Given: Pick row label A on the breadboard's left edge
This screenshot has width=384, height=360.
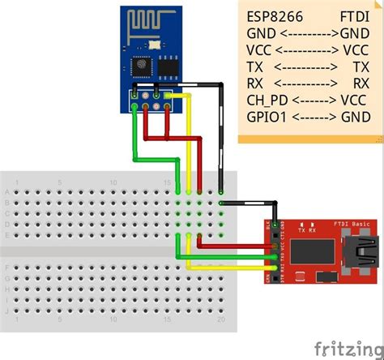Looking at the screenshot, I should coord(8,191).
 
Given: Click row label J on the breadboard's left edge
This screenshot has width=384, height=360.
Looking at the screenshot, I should coord(8,310).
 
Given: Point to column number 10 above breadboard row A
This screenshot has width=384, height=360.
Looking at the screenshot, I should coord(113,182).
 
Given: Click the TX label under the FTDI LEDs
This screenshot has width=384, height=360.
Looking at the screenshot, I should coord(303,231).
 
